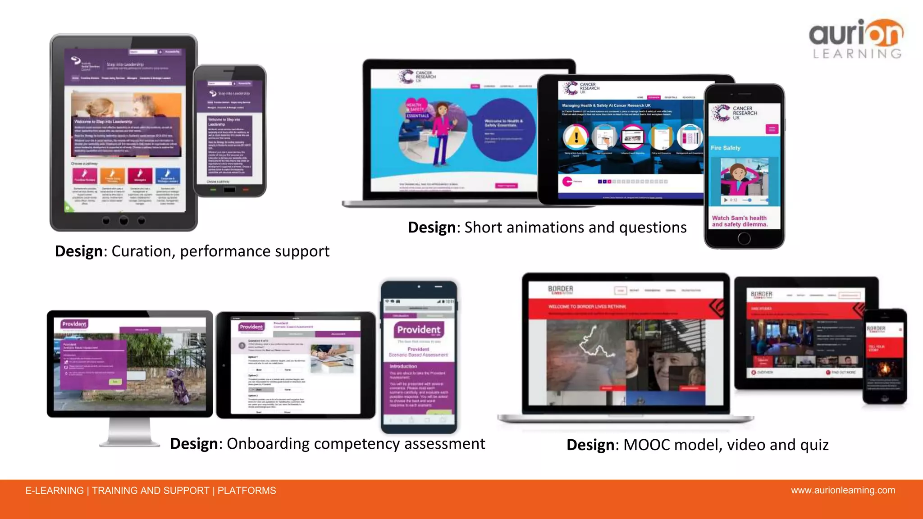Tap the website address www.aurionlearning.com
843,490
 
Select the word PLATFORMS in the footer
247,491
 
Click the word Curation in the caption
141,251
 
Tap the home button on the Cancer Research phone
744,238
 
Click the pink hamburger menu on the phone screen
772,129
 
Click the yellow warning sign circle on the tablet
576,137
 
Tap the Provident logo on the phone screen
419,330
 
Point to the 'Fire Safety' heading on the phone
726,148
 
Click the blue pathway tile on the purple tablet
168,175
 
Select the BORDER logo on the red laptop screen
560,290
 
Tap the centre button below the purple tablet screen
123,220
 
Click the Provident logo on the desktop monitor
74,324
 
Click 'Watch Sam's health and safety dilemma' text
740,221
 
